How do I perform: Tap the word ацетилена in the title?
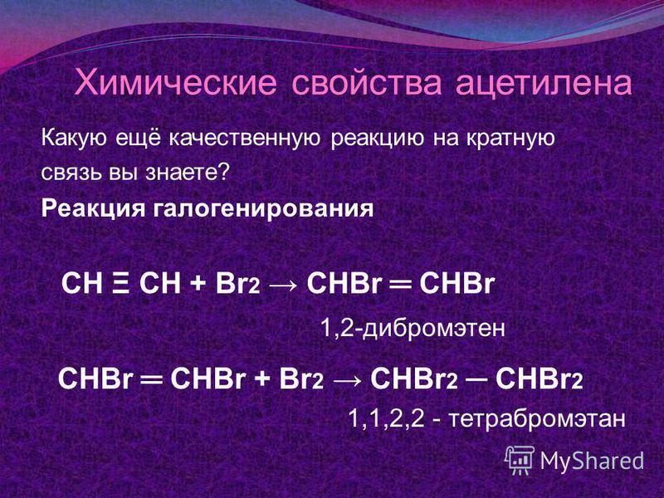point(544,84)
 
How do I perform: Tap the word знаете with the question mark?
point(188,173)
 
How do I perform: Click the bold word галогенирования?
point(263,209)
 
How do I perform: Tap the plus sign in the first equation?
point(198,285)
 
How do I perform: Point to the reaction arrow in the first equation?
point(283,286)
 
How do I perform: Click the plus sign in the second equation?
point(262,378)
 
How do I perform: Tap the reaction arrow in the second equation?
point(347,380)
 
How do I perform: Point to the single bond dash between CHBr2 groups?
point(476,379)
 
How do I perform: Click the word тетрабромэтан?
point(537,419)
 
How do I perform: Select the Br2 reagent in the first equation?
point(237,284)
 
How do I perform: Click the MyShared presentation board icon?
point(520,460)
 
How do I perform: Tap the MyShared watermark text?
point(592,461)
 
